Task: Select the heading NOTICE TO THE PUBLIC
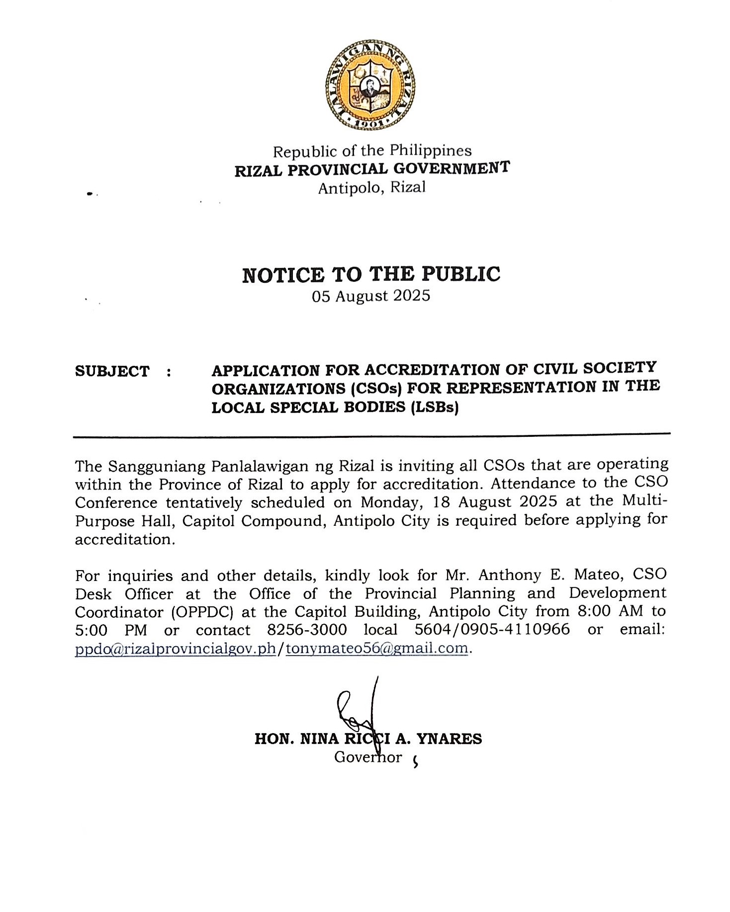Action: (x=371, y=275)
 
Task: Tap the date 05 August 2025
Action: (x=371, y=296)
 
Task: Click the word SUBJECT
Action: (x=112, y=371)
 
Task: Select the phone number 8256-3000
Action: (x=307, y=630)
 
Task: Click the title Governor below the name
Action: (x=368, y=757)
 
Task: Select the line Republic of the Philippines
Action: (x=372, y=151)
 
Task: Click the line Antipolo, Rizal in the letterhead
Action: (x=372, y=188)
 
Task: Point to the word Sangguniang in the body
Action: (x=156, y=466)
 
